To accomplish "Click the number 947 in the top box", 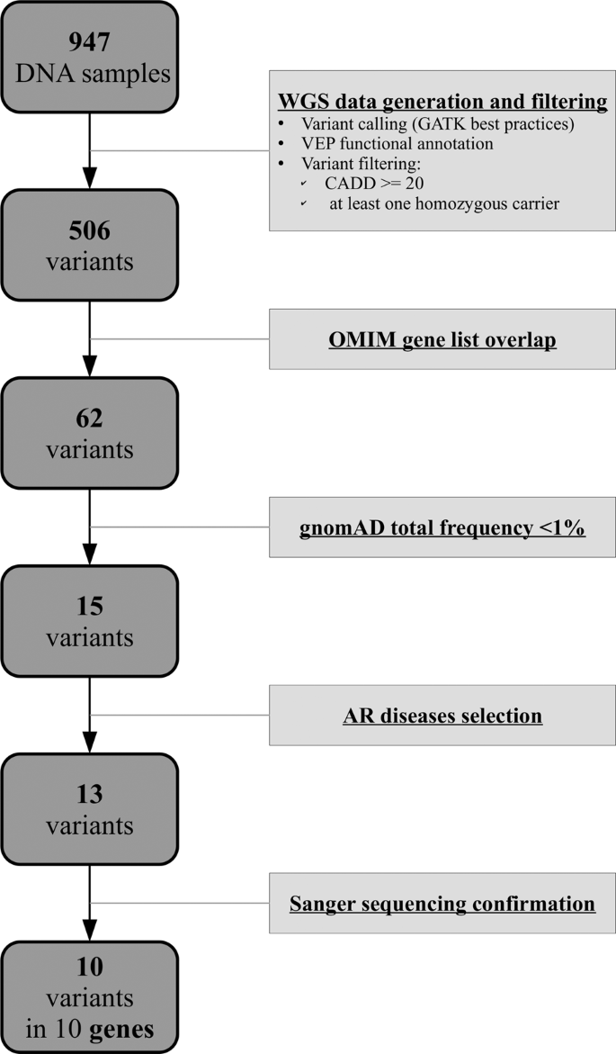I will point(91,41).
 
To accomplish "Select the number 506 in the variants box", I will point(91,230).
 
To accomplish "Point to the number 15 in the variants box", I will point(91,608).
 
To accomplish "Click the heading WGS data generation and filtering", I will point(442,101).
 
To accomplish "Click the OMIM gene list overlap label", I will point(442,340).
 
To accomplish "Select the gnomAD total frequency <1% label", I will point(442,528).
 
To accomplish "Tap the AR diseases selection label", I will point(442,716).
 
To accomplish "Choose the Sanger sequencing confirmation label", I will point(442,903).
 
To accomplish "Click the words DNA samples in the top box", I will point(91,74).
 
